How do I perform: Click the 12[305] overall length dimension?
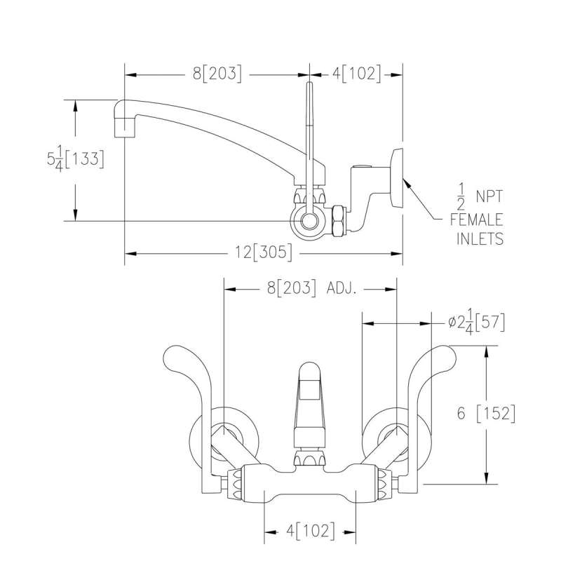263,252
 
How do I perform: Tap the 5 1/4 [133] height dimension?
72,159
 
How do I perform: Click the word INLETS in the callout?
480,238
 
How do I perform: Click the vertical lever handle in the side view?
309,133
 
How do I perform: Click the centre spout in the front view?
309,400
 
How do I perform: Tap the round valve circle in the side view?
309,222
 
